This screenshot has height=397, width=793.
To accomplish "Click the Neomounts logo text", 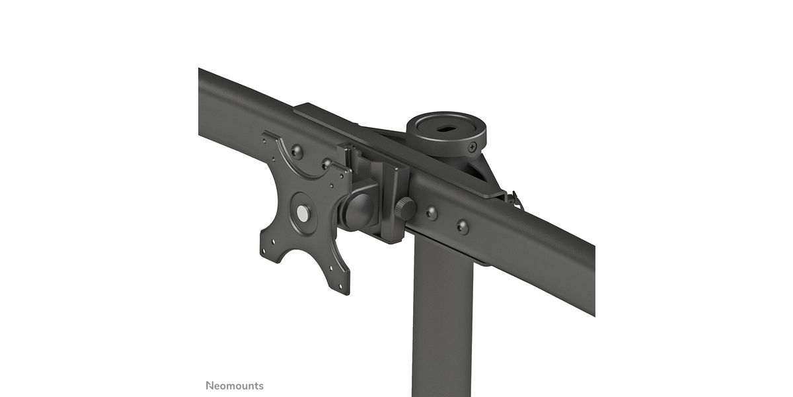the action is (x=235, y=386).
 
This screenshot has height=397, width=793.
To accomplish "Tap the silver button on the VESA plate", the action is (x=303, y=213).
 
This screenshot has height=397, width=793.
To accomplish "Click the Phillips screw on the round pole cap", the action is (x=472, y=147).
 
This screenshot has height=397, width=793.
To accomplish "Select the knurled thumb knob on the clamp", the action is (x=405, y=208).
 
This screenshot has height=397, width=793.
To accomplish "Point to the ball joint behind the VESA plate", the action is (x=358, y=211).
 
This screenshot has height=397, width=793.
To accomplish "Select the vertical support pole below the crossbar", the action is (x=443, y=319).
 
